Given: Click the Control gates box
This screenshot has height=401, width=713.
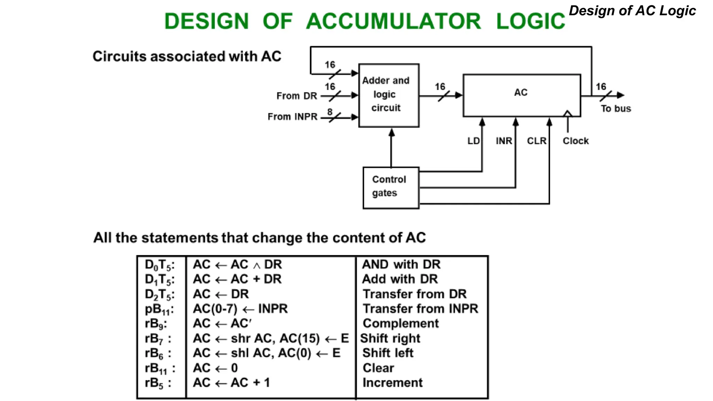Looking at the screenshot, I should pyautogui.click(x=391, y=187).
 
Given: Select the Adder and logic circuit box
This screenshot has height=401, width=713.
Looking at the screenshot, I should pyautogui.click(x=388, y=95).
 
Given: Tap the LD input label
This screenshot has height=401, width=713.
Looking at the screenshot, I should pyautogui.click(x=473, y=141).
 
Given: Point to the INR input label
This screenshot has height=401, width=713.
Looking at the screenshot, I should pyautogui.click(x=504, y=141).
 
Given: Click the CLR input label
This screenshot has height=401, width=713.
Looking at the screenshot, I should pyautogui.click(x=536, y=141).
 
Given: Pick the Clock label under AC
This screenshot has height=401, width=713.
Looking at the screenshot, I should pyautogui.click(x=575, y=141).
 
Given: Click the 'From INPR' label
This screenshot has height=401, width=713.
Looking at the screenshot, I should pyautogui.click(x=292, y=117).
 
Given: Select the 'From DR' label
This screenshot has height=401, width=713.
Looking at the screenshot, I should pyautogui.click(x=297, y=96).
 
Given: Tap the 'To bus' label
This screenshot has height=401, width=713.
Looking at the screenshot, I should pyautogui.click(x=616, y=109).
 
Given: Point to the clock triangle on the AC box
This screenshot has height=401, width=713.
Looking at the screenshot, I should pyautogui.click(x=567, y=113).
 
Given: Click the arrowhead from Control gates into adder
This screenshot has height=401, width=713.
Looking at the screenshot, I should pyautogui.click(x=391, y=133).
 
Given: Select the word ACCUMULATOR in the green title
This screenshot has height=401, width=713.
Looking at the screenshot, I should pyautogui.click(x=393, y=22).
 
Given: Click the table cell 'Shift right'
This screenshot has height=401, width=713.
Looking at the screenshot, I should pyautogui.click(x=390, y=338).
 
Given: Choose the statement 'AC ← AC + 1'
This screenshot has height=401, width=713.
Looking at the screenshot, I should pyautogui.click(x=232, y=383).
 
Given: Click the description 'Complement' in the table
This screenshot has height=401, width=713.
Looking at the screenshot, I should pyautogui.click(x=400, y=323).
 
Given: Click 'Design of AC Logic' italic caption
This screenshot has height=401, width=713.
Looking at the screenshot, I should pyautogui.click(x=632, y=11).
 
